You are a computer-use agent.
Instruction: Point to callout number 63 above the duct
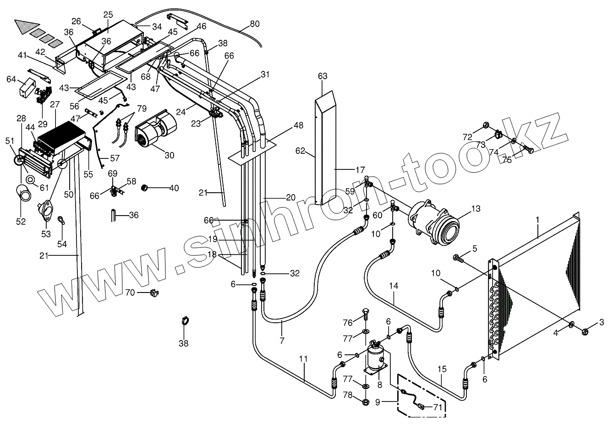pos(323,76)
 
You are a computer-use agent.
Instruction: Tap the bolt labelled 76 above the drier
pos(366,315)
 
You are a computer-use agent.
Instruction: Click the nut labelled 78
pos(366,402)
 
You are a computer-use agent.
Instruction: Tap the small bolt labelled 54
pos(60,221)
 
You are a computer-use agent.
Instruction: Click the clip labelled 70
pos(154,293)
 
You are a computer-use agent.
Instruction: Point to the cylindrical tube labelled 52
pos(25,192)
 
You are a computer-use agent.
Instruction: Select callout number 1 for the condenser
pos(538,220)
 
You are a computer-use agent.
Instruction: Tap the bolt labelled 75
pos(529,149)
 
